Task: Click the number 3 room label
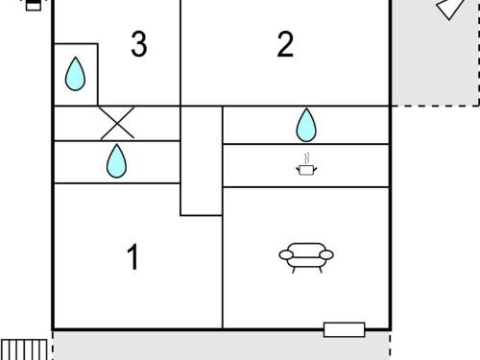pos(139,44)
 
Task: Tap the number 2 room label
pos(285,44)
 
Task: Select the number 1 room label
pos(132,256)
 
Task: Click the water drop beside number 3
pos(75,74)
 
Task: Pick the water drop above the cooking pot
pos(306,125)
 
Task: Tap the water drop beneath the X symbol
pos(116,161)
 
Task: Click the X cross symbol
pos(117,123)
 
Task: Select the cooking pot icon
pos(306,170)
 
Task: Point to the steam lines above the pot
pos(307,157)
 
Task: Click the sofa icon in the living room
pos(306,258)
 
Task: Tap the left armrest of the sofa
pos(286,255)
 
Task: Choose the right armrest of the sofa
pos(326,255)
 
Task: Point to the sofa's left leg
pos(294,270)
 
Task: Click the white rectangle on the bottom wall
pos(344,329)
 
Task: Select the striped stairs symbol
pos(24,349)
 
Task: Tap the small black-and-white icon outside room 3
pos(34,5)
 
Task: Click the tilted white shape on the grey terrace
pos(450,9)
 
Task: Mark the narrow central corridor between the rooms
pos(202,161)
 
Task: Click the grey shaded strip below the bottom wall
pos(222,346)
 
